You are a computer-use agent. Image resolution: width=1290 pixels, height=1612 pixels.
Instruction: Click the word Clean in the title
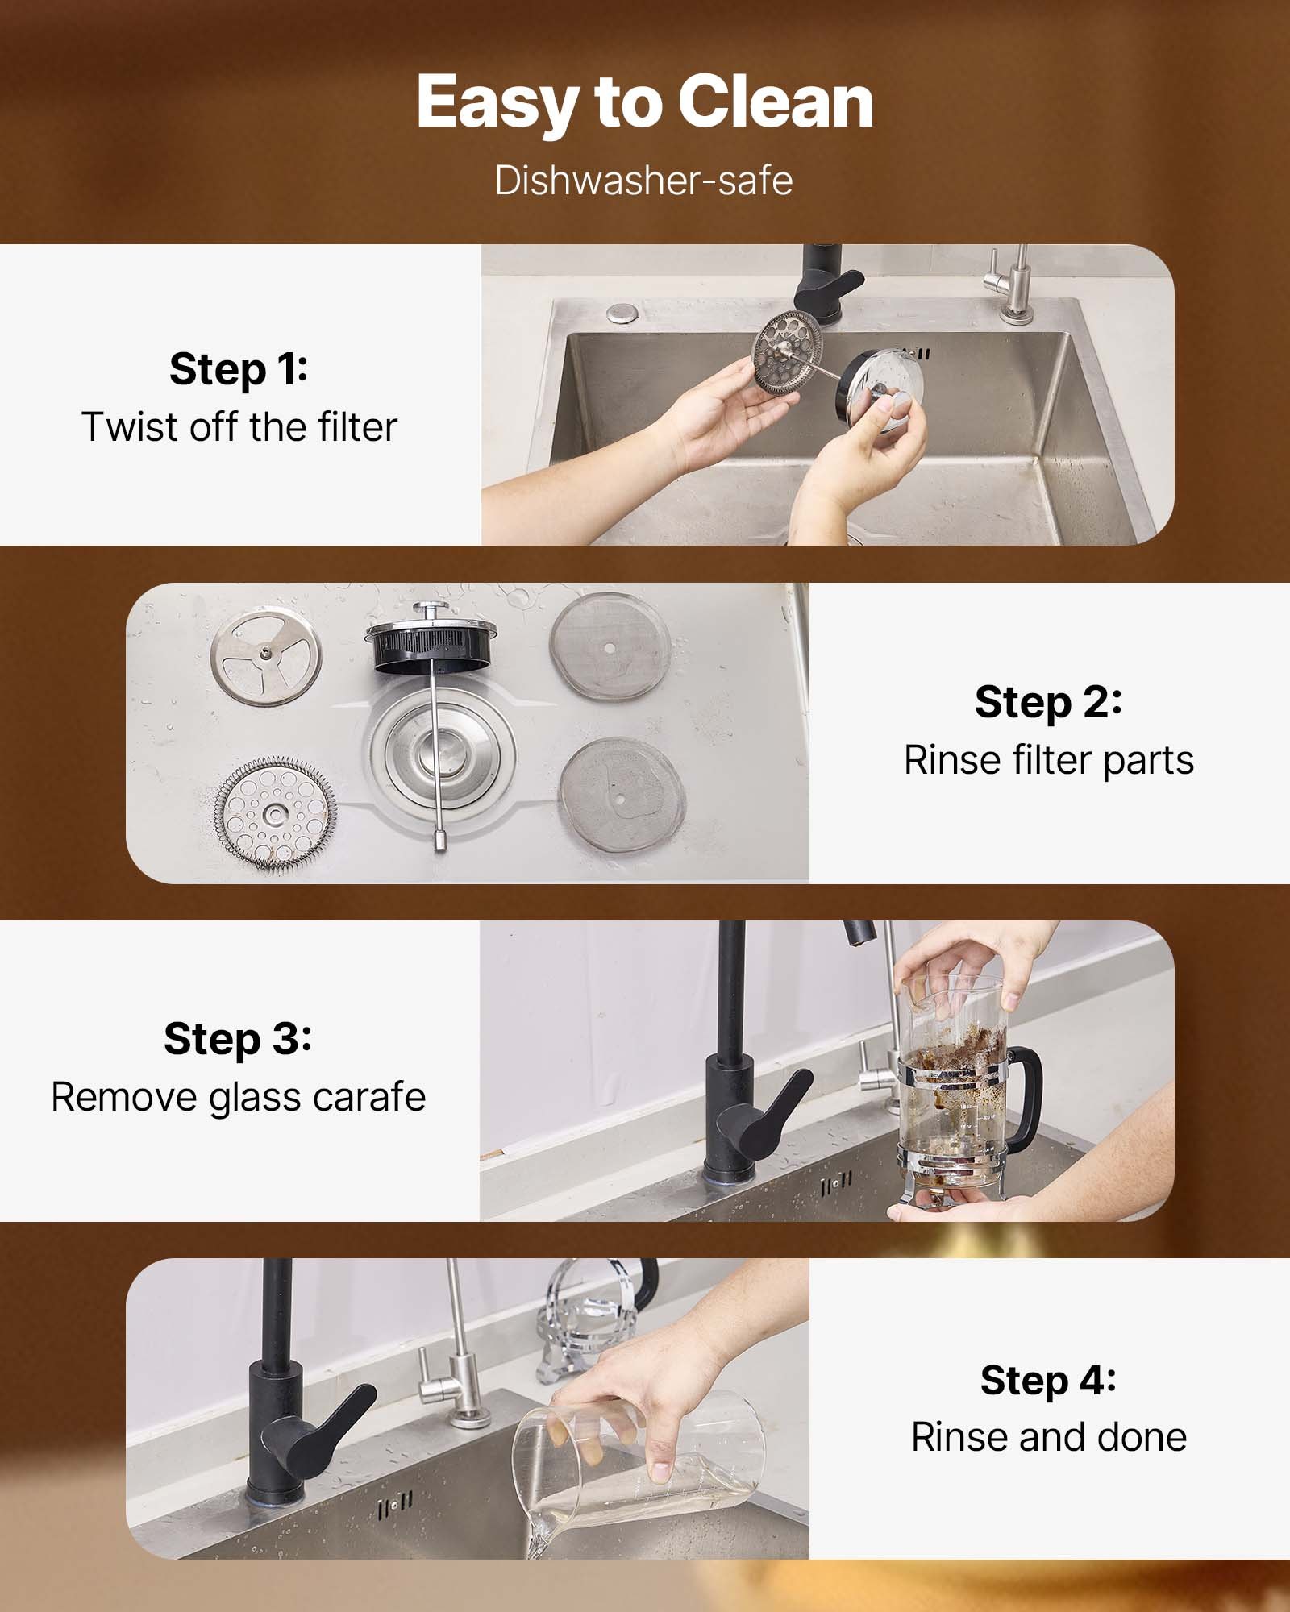(775, 102)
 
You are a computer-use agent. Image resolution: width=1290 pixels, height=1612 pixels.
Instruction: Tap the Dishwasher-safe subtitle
(643, 181)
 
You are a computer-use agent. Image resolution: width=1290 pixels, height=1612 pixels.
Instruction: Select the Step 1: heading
(239, 369)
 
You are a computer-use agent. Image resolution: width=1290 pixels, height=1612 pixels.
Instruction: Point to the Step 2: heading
(1048, 702)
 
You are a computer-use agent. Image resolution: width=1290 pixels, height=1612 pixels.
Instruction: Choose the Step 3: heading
(238, 1038)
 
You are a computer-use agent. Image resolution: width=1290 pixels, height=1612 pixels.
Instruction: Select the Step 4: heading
(1048, 1380)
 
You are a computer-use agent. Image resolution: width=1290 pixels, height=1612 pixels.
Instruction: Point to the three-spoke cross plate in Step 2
(266, 656)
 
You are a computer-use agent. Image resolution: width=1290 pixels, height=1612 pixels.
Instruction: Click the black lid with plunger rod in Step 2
(431, 649)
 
